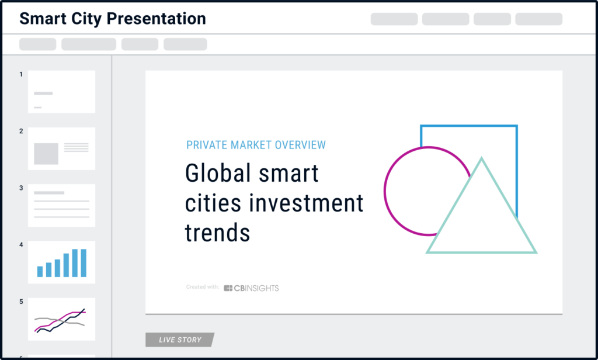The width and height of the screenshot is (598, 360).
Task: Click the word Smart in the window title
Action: [41, 18]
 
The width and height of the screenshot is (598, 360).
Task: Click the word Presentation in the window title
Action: [156, 18]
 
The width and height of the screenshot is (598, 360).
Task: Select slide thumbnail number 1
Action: [61, 92]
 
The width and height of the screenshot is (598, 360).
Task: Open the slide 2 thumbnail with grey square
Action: [61, 148]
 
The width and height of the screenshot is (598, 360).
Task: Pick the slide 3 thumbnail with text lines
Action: [61, 205]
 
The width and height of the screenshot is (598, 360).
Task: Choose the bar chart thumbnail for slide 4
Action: [61, 262]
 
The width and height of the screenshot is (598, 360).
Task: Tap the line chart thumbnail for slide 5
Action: [61, 319]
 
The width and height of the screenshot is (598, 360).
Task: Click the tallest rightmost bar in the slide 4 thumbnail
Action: [84, 263]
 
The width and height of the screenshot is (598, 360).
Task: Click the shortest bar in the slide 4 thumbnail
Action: [40, 271]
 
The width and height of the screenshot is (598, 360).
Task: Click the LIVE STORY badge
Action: [180, 340]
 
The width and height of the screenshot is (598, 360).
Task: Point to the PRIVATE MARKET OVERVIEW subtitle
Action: [256, 145]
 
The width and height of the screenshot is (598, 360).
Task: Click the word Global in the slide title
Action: [219, 173]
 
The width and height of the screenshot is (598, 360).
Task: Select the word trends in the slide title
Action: [217, 233]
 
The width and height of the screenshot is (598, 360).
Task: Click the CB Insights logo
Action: [251, 288]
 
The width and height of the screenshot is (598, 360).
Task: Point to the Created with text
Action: [203, 287]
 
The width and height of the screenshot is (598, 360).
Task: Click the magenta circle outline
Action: [385, 191]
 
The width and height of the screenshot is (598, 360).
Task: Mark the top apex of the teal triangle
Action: [481, 158]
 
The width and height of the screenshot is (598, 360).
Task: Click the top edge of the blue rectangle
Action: [469, 126]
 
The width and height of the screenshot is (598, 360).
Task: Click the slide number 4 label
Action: [21, 245]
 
